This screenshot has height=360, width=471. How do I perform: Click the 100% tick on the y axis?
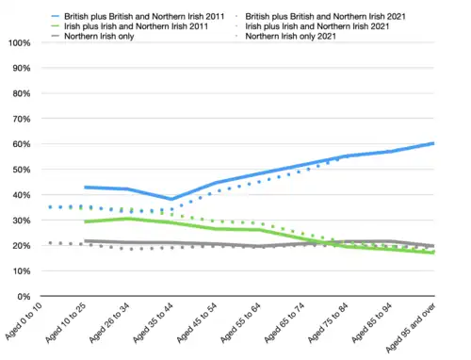(x=18, y=43)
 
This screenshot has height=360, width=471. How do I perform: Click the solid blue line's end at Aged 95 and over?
(x=433, y=143)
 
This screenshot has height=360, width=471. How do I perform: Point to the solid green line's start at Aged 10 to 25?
(x=86, y=221)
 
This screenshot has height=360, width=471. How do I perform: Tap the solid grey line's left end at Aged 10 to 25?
(x=86, y=241)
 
